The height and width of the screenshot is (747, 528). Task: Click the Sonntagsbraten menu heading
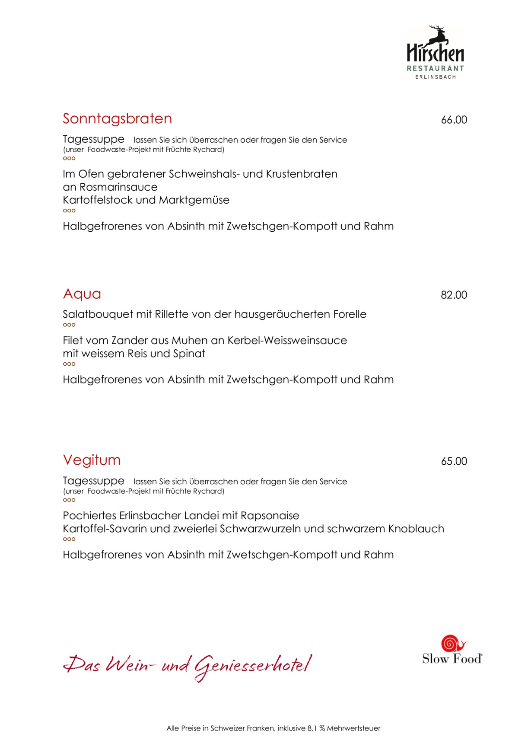coord(117,118)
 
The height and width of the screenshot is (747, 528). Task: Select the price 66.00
coord(454,120)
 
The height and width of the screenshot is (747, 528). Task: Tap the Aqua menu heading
coord(82,294)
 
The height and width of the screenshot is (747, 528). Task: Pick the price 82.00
coord(454,295)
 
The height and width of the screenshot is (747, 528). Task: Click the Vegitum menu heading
coord(92,460)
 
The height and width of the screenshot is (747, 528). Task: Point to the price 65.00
coord(454,461)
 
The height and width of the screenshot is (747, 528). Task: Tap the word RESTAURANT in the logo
coord(435,68)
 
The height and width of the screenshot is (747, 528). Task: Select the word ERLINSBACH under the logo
coord(435,77)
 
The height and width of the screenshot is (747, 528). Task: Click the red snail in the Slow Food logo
coord(452,644)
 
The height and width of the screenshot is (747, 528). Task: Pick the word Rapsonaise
coord(270,516)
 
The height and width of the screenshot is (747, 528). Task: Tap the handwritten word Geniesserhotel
coord(253,666)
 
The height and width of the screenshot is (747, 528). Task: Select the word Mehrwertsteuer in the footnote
coord(353,728)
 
